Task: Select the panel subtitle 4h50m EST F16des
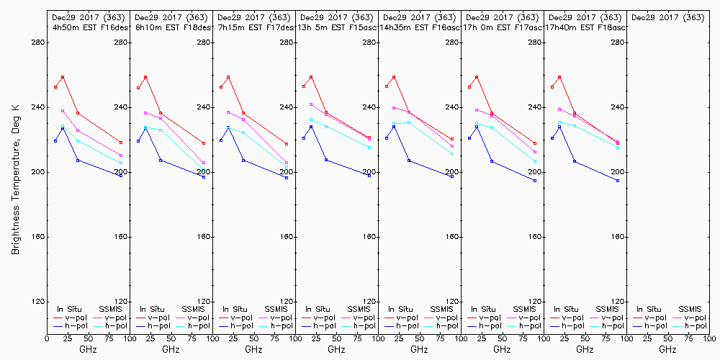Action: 89,27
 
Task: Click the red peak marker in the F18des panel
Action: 145,77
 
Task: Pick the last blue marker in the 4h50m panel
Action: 121,176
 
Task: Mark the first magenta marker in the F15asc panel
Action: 311,104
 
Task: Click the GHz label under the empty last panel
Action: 667,349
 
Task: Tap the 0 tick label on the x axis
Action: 48,337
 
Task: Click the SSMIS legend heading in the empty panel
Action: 690,309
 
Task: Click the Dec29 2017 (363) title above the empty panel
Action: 667,17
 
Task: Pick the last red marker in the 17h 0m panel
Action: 535,143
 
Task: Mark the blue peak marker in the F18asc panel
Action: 559,127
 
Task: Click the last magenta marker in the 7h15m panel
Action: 287,163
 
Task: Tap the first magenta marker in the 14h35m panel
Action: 394,108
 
